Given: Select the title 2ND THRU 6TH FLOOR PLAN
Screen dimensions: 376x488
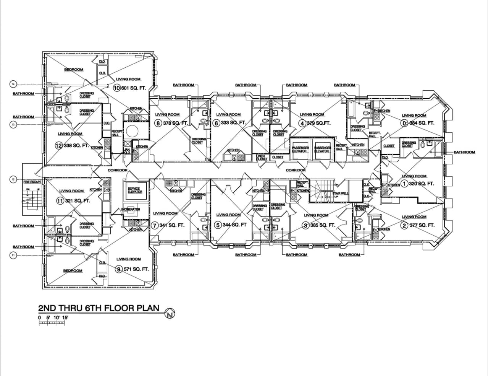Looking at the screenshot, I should click(x=99, y=308).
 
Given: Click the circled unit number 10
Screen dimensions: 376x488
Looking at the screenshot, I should click(x=117, y=88).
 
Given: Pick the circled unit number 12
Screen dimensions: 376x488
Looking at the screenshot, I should click(x=58, y=146).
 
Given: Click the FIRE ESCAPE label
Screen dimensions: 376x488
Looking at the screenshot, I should click(x=32, y=182).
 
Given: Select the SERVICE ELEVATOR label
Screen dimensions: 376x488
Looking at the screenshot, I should click(x=135, y=190).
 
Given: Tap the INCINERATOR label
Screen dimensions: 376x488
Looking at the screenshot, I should click(x=131, y=209).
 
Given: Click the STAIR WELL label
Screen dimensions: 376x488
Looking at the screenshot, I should click(x=340, y=194).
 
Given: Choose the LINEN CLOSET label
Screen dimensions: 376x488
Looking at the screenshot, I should click(x=262, y=158).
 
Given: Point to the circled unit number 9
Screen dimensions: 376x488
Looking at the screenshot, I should click(x=119, y=269).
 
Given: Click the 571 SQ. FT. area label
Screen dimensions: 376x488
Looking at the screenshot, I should click(x=136, y=269).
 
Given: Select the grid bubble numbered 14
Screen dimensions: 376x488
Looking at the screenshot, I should click(x=13, y=84).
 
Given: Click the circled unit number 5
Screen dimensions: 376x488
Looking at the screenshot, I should click(x=218, y=225).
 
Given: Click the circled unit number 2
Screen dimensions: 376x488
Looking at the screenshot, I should click(x=404, y=225).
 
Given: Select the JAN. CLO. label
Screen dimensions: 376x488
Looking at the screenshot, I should click(x=127, y=151).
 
